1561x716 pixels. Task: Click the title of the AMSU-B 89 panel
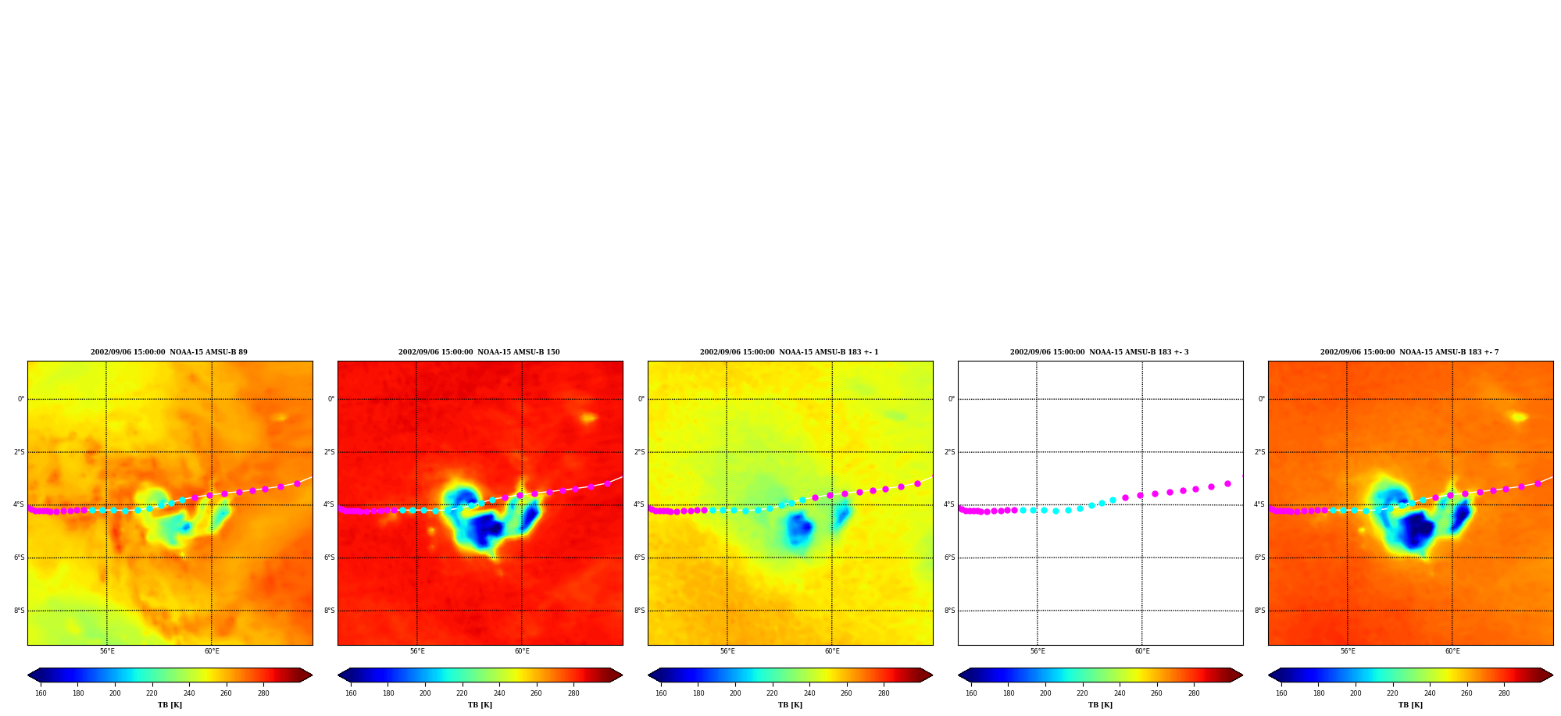tap(169, 352)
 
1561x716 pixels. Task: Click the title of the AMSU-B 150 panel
tap(479, 352)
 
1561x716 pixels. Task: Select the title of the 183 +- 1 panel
tap(789, 352)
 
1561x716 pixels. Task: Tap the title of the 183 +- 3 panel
tap(1099, 352)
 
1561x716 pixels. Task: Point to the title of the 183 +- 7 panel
tap(1409, 352)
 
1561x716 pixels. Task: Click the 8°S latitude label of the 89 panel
tap(19, 611)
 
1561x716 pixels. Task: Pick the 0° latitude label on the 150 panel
tap(331, 399)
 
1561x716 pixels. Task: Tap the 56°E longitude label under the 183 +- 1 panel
tap(727, 651)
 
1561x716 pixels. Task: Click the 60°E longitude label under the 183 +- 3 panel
tap(1142, 651)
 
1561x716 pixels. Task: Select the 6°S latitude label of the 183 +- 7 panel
tap(1259, 557)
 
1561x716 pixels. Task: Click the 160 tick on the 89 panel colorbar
tap(41, 693)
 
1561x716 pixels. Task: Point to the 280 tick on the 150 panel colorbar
tap(573, 693)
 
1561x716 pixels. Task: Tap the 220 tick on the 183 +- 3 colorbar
tap(1082, 693)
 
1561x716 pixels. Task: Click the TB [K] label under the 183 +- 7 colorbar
tap(1410, 705)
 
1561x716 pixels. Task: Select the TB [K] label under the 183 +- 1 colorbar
tap(790, 705)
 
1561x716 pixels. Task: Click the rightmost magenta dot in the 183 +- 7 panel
tap(1538, 483)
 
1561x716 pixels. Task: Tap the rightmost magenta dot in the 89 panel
tap(297, 483)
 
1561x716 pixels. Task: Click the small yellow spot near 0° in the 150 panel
tap(588, 418)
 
